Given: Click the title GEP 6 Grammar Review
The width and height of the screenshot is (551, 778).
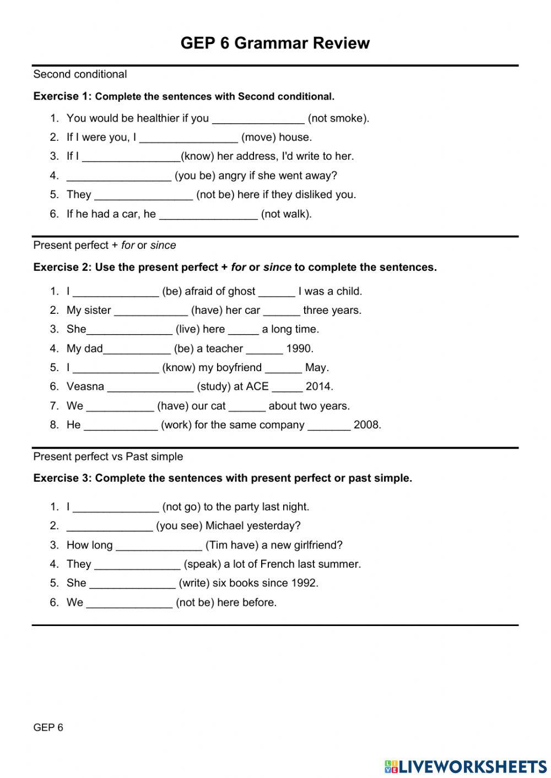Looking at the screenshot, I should pyautogui.click(x=275, y=43).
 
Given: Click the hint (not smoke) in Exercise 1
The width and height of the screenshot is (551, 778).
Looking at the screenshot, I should pyautogui.click(x=338, y=118).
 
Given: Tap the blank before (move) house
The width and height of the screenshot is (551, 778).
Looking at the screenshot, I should pyautogui.click(x=188, y=138).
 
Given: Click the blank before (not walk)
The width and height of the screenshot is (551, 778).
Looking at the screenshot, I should pyautogui.click(x=208, y=214).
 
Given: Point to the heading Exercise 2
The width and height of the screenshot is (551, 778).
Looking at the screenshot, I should pyautogui.click(x=62, y=267).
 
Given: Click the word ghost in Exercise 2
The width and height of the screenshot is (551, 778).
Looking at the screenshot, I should pyautogui.click(x=242, y=291).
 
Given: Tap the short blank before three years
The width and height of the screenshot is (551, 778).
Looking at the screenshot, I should pyautogui.click(x=281, y=311).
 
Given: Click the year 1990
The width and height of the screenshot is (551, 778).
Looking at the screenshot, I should pyautogui.click(x=300, y=349).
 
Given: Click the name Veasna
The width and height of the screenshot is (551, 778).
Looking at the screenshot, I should pyautogui.click(x=85, y=387).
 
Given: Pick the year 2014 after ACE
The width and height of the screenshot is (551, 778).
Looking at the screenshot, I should pyautogui.click(x=319, y=387).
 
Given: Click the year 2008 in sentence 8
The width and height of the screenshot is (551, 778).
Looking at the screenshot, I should pyautogui.click(x=367, y=425).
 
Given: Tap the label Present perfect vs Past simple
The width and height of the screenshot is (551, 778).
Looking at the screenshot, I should pyautogui.click(x=108, y=456).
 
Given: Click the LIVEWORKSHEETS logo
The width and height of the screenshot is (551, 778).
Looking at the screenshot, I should pyautogui.click(x=466, y=766).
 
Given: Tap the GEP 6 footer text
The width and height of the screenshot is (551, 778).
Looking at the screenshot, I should pyautogui.click(x=48, y=727).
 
